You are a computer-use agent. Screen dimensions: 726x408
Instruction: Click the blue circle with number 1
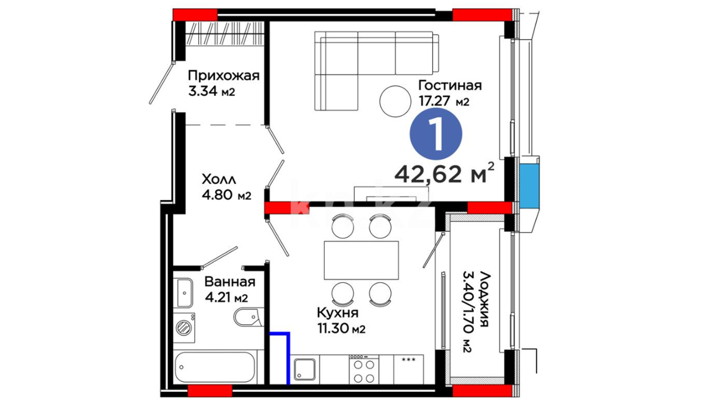436,134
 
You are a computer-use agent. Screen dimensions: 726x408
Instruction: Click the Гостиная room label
450,85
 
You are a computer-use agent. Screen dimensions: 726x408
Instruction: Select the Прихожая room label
224,76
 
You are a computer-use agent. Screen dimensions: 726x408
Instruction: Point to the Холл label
219,179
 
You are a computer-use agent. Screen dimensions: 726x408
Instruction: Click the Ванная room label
230,282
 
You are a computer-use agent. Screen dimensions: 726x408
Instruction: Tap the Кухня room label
338,313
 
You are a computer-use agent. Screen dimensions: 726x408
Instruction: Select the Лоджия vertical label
484,299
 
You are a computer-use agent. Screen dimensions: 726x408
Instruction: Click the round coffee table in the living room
395,101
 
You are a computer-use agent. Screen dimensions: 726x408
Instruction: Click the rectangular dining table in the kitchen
361,260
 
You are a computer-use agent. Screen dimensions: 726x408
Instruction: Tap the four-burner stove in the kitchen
364,369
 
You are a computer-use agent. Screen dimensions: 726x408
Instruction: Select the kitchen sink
305,369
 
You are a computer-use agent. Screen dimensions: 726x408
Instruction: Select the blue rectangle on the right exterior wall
529,185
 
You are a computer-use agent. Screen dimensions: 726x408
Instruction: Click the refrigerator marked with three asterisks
409,369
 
